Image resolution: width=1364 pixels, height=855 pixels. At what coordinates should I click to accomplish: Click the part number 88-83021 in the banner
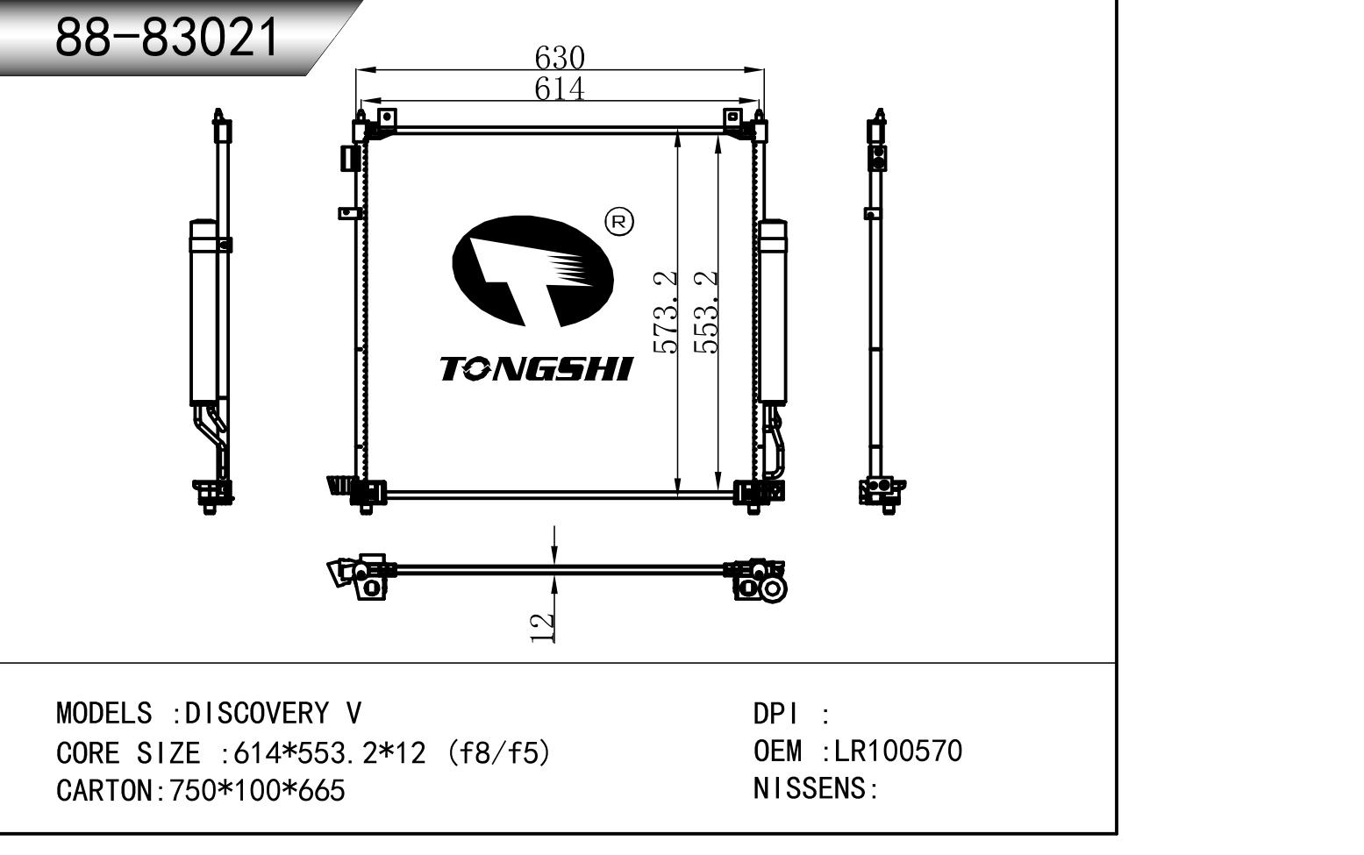pyautogui.click(x=167, y=38)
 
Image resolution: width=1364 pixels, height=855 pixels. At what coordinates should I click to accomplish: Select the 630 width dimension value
pyautogui.click(x=560, y=59)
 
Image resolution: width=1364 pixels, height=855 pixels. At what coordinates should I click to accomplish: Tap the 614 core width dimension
pyautogui.click(x=560, y=89)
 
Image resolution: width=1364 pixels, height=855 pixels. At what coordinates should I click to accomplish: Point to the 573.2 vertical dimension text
pyautogui.click(x=664, y=312)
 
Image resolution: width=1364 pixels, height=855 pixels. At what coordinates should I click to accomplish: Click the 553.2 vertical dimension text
pyautogui.click(x=706, y=312)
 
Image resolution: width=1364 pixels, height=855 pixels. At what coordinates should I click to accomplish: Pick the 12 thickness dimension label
pyautogui.click(x=542, y=628)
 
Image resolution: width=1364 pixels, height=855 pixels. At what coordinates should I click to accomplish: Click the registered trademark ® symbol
pyautogui.click(x=618, y=222)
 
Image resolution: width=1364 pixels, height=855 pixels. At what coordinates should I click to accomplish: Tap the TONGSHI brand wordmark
pyautogui.click(x=537, y=369)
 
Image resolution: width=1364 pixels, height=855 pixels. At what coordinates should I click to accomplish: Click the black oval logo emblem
pyautogui.click(x=532, y=272)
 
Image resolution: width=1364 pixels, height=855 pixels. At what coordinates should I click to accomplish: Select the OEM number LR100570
pyautogui.click(x=897, y=751)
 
